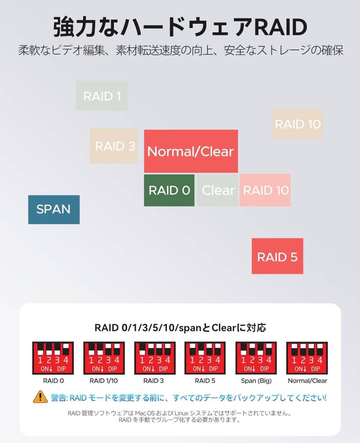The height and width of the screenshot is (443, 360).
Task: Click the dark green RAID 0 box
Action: coord(169,190)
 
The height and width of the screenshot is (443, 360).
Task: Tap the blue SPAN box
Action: coord(54,209)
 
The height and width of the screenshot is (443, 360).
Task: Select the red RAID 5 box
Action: coord(277,256)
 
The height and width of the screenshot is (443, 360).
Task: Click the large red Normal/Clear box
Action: coord(191,151)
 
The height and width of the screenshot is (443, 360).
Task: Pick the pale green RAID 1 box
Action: coord(102,96)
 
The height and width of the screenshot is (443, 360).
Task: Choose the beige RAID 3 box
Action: coord(114,146)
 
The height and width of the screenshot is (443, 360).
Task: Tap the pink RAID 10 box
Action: coord(265,190)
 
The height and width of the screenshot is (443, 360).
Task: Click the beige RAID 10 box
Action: coord(297,124)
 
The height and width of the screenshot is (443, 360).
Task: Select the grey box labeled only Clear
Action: coord(217,190)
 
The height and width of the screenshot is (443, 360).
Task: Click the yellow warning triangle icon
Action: coord(40,397)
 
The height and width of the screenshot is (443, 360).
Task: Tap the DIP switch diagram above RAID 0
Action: coord(53,358)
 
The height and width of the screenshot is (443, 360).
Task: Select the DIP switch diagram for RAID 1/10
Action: coord(104,358)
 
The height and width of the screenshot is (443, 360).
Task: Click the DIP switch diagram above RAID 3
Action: coord(155,358)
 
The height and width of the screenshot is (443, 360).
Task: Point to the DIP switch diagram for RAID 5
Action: coord(205,358)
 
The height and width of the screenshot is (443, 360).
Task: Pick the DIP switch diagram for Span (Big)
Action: coord(256,358)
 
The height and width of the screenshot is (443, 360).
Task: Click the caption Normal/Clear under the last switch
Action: coord(307,381)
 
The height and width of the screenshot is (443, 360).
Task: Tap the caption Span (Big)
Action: coord(256,381)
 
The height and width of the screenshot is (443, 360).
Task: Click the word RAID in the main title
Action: coord(281,27)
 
